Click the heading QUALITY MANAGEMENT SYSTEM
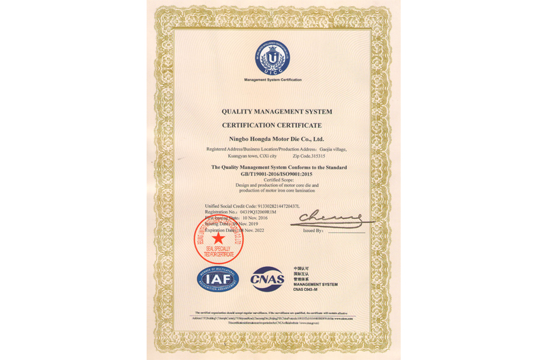[x=277, y=112]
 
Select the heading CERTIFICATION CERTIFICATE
[x=271, y=126]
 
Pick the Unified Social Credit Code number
[x=281, y=206]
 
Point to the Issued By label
[x=313, y=231]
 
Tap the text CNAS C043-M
[x=306, y=290]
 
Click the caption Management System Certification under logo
[x=273, y=80]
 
